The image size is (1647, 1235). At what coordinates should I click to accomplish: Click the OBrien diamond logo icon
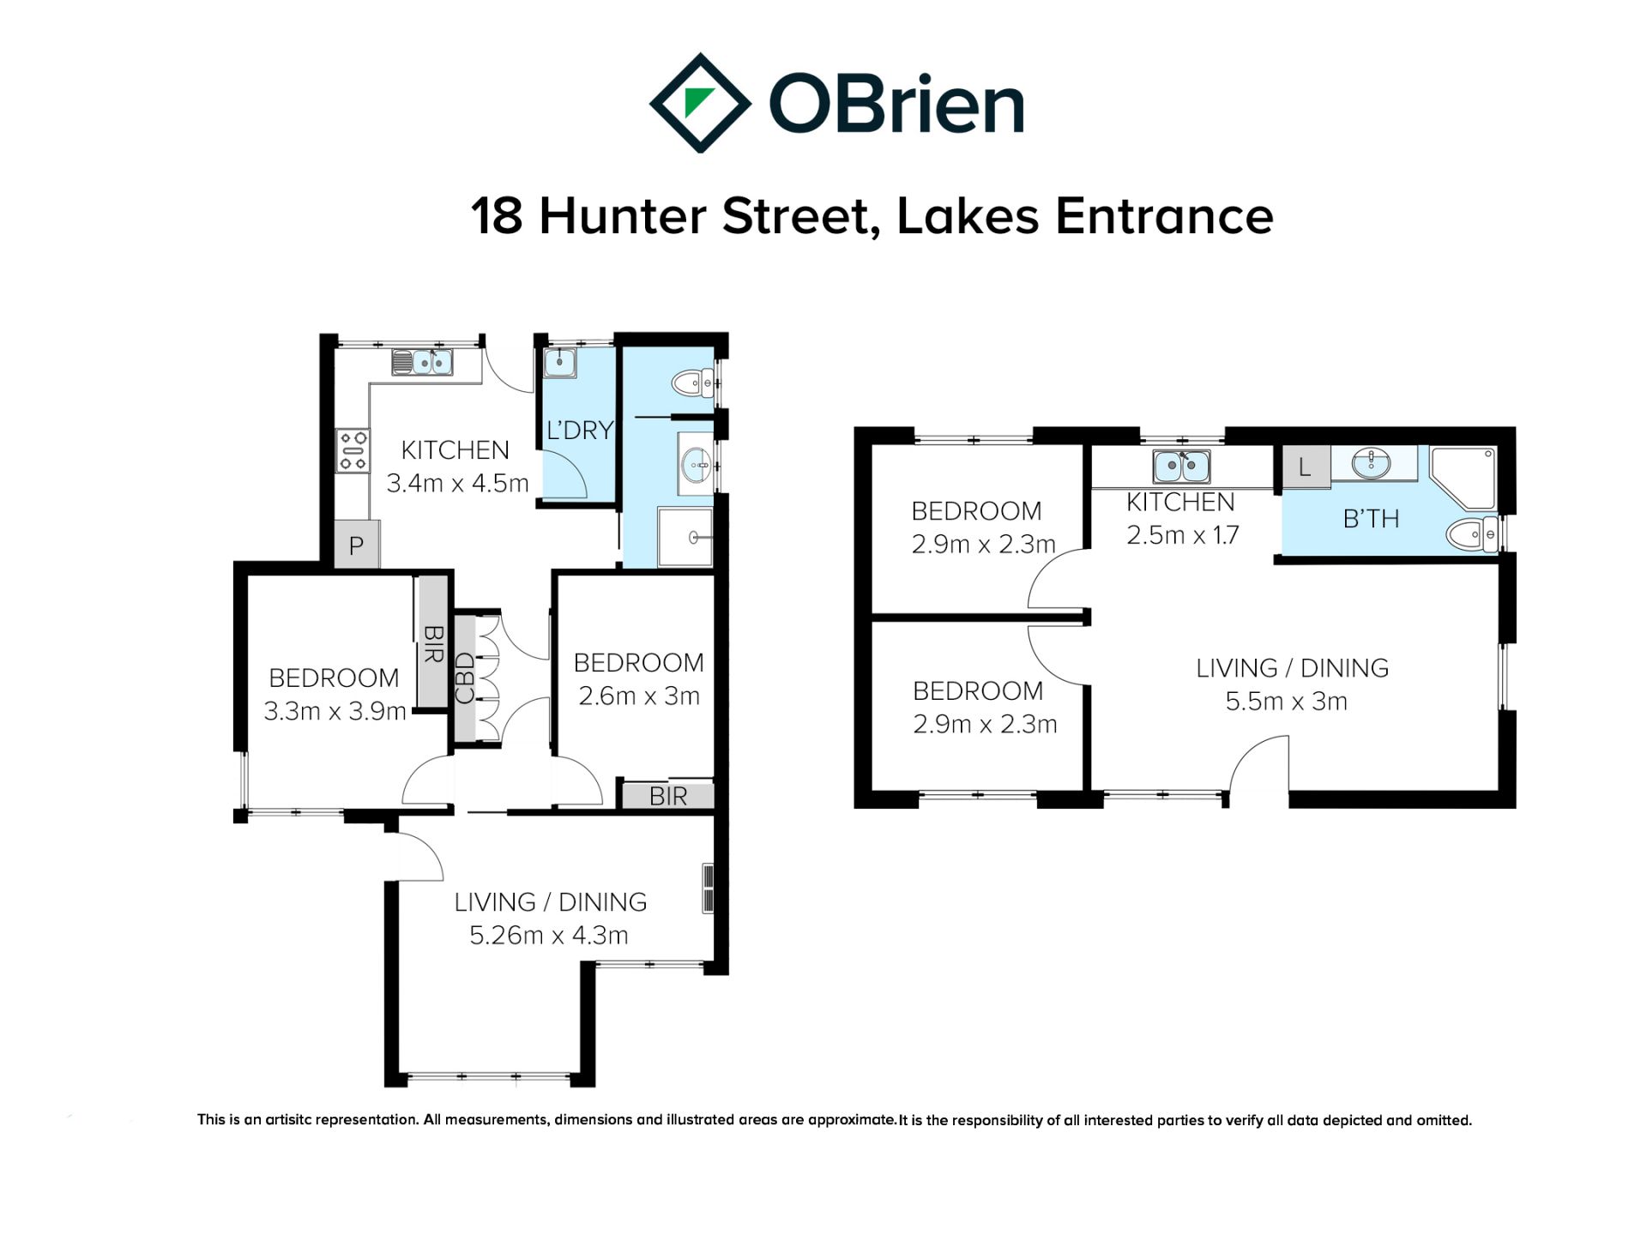click(x=700, y=103)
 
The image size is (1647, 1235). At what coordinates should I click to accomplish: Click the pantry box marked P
click(x=356, y=545)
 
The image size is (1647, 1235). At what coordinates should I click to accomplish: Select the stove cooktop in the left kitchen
click(x=353, y=451)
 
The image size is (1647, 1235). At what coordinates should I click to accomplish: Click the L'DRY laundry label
click(x=580, y=430)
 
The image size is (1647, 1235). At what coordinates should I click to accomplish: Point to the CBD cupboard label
click(x=464, y=678)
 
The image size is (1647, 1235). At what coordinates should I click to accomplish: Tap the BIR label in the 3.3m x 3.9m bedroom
click(x=432, y=643)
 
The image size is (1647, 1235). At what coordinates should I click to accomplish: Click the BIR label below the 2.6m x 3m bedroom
click(x=668, y=797)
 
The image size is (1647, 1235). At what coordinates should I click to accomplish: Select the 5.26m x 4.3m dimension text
click(x=549, y=935)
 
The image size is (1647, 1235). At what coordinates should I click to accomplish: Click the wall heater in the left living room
click(x=708, y=889)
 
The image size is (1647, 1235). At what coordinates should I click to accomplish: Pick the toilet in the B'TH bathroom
click(x=1472, y=535)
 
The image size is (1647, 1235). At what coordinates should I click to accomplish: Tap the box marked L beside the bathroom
click(x=1305, y=467)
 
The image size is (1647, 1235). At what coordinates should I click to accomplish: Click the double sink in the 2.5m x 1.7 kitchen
click(x=1182, y=467)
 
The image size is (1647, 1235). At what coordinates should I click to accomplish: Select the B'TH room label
click(x=1371, y=519)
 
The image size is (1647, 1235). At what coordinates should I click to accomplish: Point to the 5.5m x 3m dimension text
click(x=1286, y=702)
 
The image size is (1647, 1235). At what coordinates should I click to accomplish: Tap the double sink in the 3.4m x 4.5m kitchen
click(x=423, y=362)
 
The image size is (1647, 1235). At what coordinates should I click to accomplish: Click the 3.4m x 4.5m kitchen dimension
click(x=457, y=484)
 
